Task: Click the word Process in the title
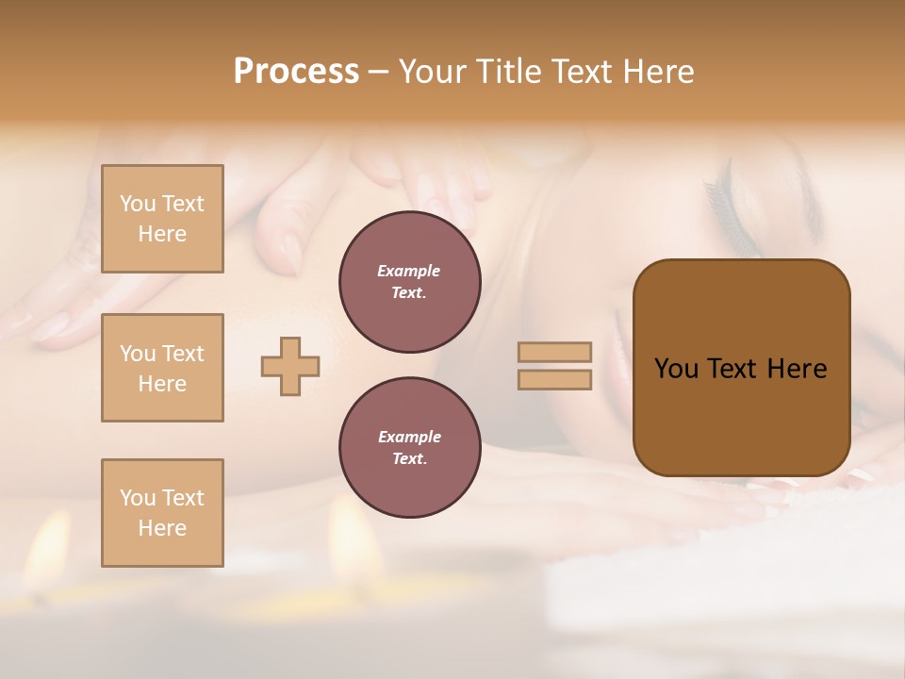296,72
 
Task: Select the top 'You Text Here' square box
162,219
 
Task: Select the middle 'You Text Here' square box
162,368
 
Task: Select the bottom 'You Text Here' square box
162,513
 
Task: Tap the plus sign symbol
290,366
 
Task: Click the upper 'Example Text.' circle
410,282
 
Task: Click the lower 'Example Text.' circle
410,448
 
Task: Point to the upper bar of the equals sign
555,352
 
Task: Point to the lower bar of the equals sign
555,379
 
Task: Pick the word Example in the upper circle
409,271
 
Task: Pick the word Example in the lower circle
409,437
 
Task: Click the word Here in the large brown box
797,368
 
